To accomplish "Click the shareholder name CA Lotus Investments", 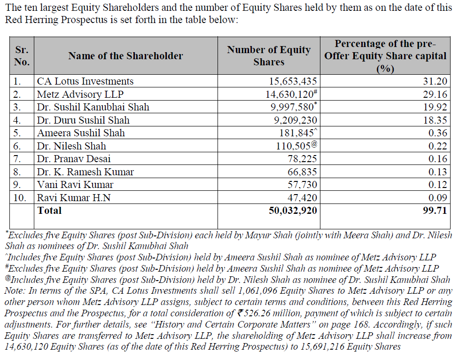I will tap(85, 81).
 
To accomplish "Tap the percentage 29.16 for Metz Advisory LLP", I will tap(436, 94).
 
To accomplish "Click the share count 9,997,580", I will tap(293, 108).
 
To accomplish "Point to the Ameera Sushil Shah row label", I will tap(81, 133).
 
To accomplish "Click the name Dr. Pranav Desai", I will tap(74, 159).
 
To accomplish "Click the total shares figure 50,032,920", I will tap(293, 211).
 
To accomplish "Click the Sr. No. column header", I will tap(22, 56).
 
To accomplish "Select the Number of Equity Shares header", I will tap(269, 56).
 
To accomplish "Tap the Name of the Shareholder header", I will tap(125, 56).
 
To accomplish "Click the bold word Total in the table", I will tap(49, 211).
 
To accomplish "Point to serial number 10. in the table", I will tap(20, 198).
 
